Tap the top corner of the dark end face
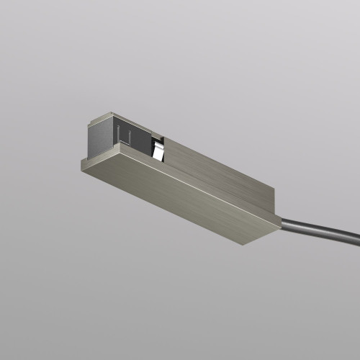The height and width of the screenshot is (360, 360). [109, 114]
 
